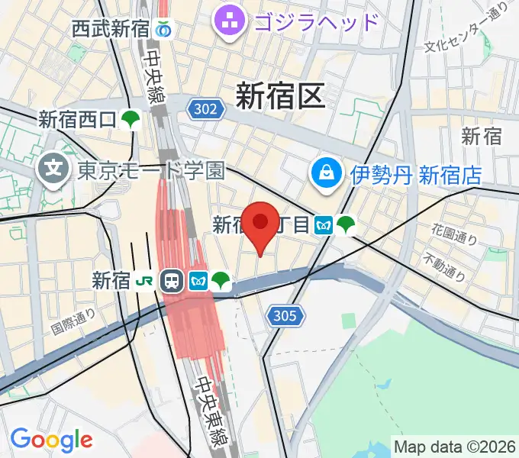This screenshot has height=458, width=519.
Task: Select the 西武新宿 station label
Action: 111,30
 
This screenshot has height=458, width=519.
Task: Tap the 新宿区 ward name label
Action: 280,95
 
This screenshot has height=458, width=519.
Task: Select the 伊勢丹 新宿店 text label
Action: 416,176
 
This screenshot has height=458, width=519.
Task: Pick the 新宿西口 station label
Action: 77,119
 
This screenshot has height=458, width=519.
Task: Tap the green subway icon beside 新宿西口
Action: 132,118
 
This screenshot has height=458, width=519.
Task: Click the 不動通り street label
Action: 445,264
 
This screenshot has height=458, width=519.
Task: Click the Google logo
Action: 51,440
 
